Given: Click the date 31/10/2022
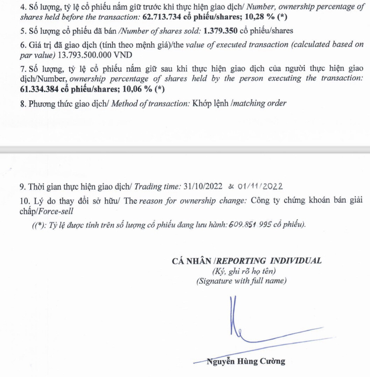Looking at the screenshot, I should coord(203,186).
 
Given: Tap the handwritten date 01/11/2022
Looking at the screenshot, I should coord(260,186).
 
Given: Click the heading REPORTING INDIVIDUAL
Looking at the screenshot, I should coord(270,261).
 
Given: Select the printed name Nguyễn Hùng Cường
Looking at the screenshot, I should coord(246,362).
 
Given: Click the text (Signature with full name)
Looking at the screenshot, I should coord(242,280).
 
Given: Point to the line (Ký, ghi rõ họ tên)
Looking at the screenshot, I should coord(242,271).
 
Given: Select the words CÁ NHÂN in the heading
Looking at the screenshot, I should coord(193,261).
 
